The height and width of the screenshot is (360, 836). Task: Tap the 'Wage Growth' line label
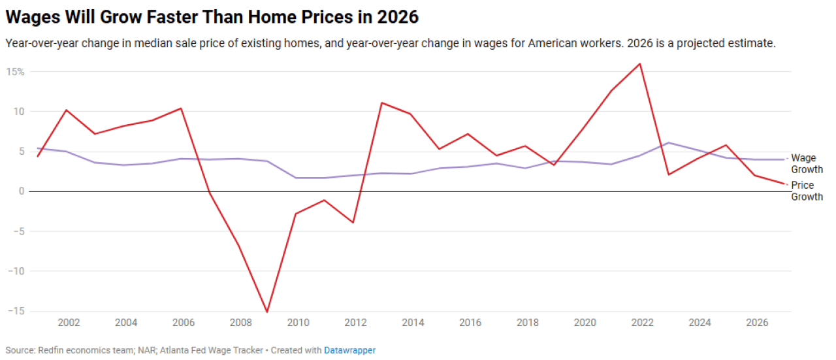pos(807,163)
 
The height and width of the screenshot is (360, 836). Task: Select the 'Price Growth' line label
pos(807,191)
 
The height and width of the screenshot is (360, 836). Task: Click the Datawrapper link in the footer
pos(349,350)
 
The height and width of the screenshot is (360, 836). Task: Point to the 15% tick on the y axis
pos(16,72)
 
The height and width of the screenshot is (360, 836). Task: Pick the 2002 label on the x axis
pos(69,322)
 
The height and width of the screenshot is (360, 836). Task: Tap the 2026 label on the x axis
pos(757,322)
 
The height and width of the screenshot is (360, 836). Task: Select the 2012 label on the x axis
pos(356,322)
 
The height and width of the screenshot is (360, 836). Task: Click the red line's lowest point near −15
pos(267,312)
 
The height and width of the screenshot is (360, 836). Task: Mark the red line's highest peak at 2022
pos(639,63)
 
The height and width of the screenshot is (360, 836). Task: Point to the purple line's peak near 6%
pos(668,142)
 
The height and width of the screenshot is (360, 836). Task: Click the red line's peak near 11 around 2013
pos(381,103)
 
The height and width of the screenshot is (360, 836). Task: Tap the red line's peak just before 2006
pos(181,108)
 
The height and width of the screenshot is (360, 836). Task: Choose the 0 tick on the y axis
pos(21,191)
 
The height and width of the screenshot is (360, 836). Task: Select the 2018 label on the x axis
pos(528,322)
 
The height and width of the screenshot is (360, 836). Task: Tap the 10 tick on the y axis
pos(19,112)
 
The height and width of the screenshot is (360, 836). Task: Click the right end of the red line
pos(783,184)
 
